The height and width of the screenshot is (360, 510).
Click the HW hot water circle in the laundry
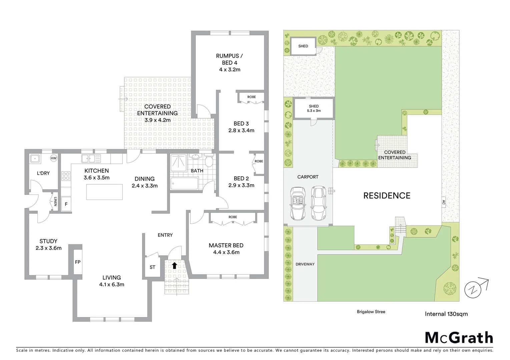(53, 158)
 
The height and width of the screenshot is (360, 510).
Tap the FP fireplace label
(78, 262)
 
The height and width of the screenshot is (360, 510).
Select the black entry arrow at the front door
(174, 265)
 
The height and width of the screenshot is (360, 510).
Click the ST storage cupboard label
(152, 267)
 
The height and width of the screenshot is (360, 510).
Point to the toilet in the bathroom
(209, 162)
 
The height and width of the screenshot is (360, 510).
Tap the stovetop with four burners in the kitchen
(66, 176)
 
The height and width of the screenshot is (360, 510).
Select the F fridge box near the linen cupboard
(66, 204)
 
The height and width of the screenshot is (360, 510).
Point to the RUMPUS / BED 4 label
(229, 63)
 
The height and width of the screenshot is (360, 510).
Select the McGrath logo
(459, 338)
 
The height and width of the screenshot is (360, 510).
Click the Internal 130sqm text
(446, 314)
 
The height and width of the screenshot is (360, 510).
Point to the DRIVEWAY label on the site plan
(305, 264)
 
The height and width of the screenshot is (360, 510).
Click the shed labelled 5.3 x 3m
(314, 108)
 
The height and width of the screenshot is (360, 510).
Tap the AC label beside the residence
(443, 202)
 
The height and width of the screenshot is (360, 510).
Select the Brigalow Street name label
(371, 312)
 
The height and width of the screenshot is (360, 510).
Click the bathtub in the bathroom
(184, 184)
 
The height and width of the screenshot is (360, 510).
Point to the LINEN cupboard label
(55, 202)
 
